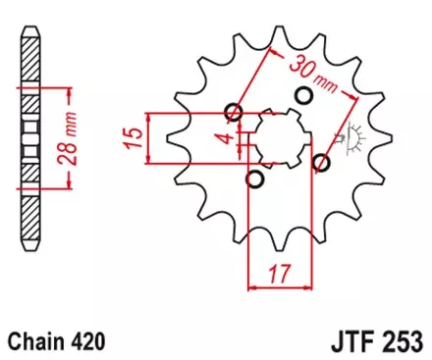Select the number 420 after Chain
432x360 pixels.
[85, 342]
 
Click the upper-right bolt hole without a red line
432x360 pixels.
[303, 95]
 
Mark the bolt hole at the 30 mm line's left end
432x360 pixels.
[234, 110]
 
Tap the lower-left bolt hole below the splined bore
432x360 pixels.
[254, 179]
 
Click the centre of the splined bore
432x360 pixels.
[278, 137]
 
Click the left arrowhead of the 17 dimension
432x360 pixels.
[251, 288]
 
